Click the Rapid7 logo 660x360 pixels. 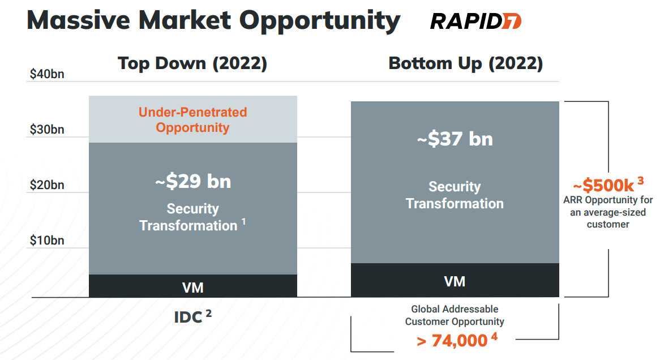475,21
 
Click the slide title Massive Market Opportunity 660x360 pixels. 213,20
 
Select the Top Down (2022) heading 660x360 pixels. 192,63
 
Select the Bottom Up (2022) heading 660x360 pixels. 465,63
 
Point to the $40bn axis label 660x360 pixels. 47,74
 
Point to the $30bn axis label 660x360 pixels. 47,130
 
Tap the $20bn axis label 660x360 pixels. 47,185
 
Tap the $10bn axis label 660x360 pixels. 47,241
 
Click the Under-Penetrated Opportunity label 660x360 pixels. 192,119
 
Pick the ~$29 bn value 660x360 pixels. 192,182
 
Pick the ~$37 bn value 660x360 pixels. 455,139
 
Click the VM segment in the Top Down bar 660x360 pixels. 192,287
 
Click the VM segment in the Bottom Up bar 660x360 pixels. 455,281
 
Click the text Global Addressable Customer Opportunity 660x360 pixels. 455,315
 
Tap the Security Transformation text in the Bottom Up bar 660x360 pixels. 455,195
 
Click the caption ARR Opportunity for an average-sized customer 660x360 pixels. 608,212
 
